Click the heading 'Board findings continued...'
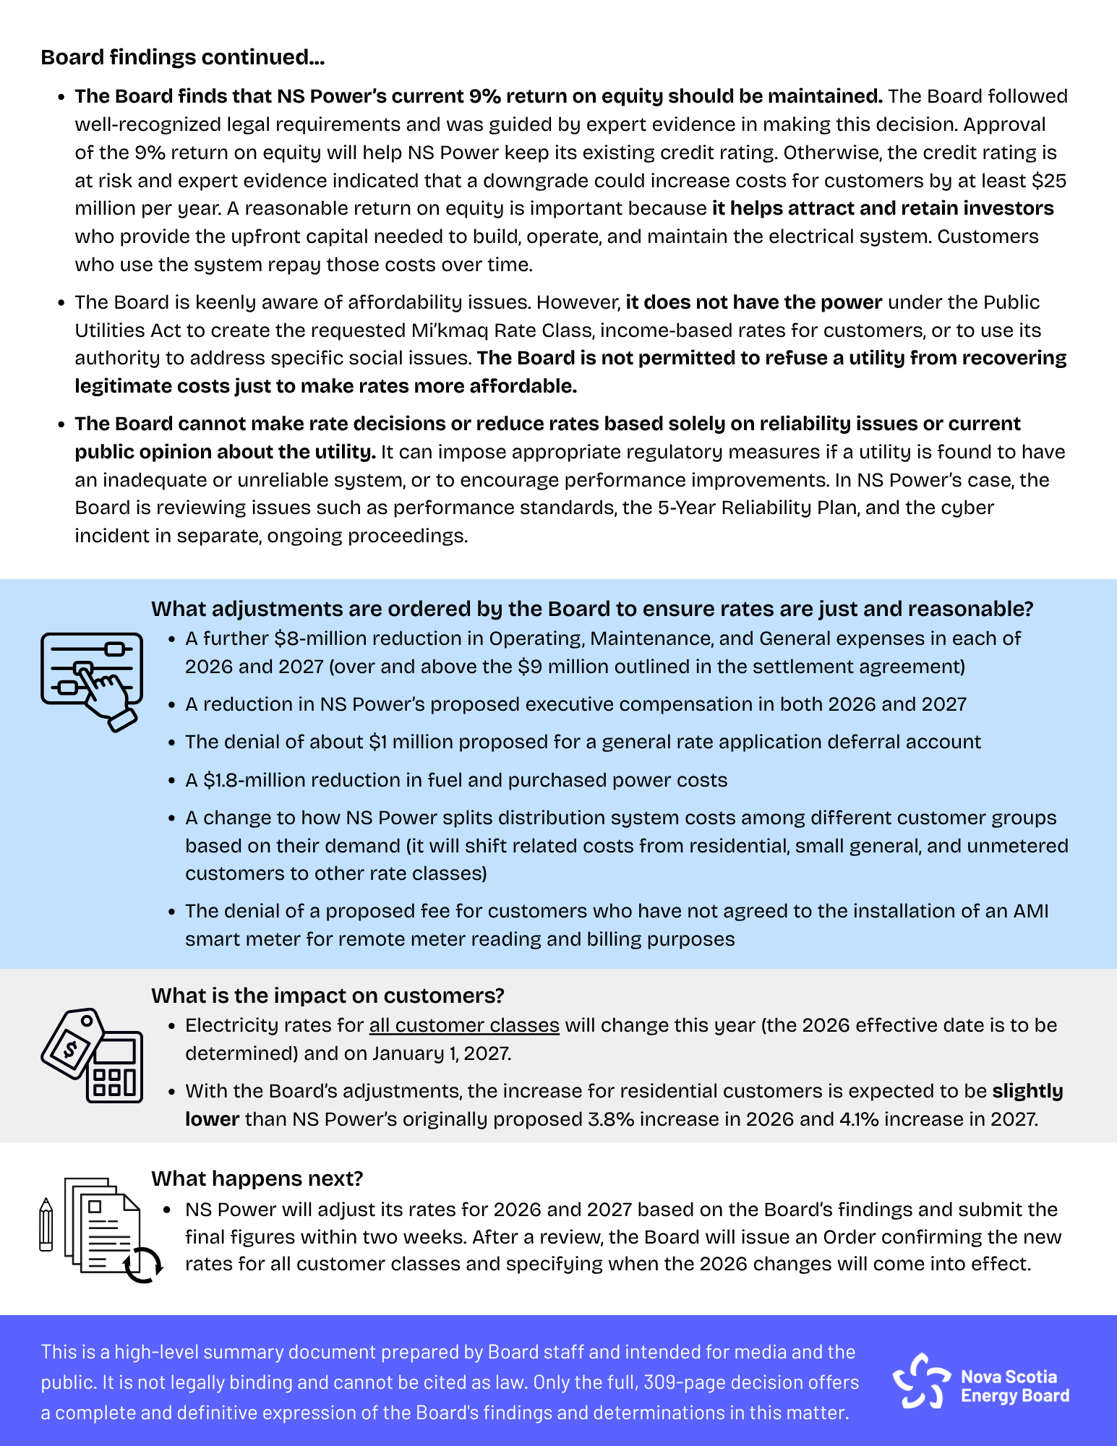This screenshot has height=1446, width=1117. pyautogui.click(x=182, y=57)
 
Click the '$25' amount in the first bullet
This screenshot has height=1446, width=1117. pyautogui.click(x=1049, y=181)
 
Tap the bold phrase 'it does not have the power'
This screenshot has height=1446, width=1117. pyautogui.click(x=753, y=302)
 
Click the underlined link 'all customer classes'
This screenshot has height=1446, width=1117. pyautogui.click(x=464, y=1025)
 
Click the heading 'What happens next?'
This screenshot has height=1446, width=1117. pyautogui.click(x=257, y=1178)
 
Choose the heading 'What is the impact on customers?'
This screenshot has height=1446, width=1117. pyautogui.click(x=328, y=996)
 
